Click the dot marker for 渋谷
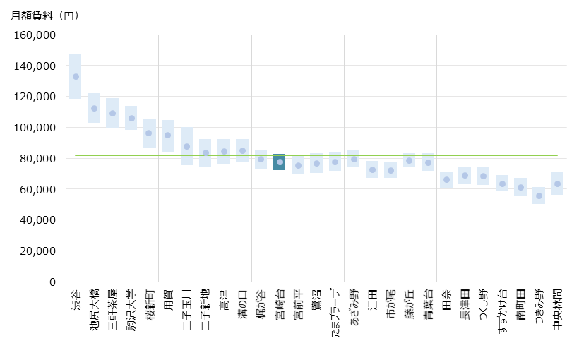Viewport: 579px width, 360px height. [76, 77]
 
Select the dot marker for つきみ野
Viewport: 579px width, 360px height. [539, 196]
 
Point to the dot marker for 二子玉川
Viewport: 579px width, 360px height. [186, 147]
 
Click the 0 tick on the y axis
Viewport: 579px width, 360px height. [51, 282]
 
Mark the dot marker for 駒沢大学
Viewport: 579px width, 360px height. [131, 119]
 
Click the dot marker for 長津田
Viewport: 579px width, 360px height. [465, 175]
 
